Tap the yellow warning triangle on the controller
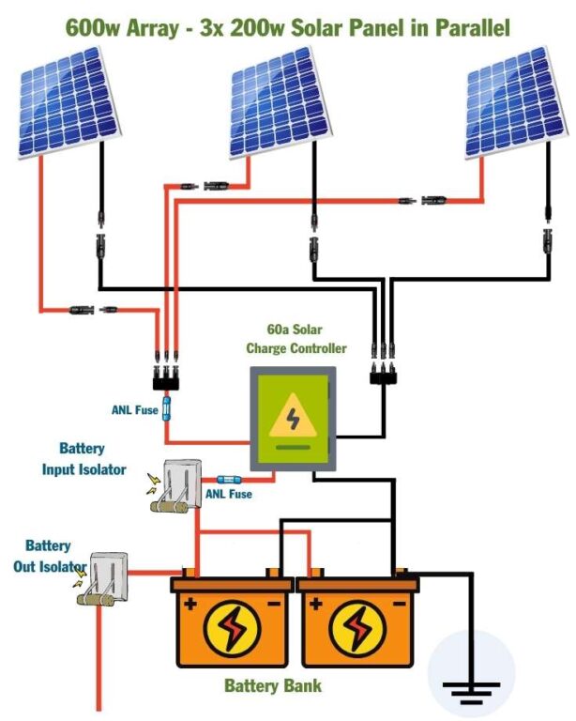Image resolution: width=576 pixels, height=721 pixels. coord(293,419)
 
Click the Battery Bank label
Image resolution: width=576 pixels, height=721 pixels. coord(272,685)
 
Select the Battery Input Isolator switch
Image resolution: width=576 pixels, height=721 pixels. coord(176,487)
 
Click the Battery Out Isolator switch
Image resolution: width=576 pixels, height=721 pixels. coord(108,581)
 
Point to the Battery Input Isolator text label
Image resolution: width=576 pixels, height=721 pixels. coord(83,459)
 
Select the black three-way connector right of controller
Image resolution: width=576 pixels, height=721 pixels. coord(383,376)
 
